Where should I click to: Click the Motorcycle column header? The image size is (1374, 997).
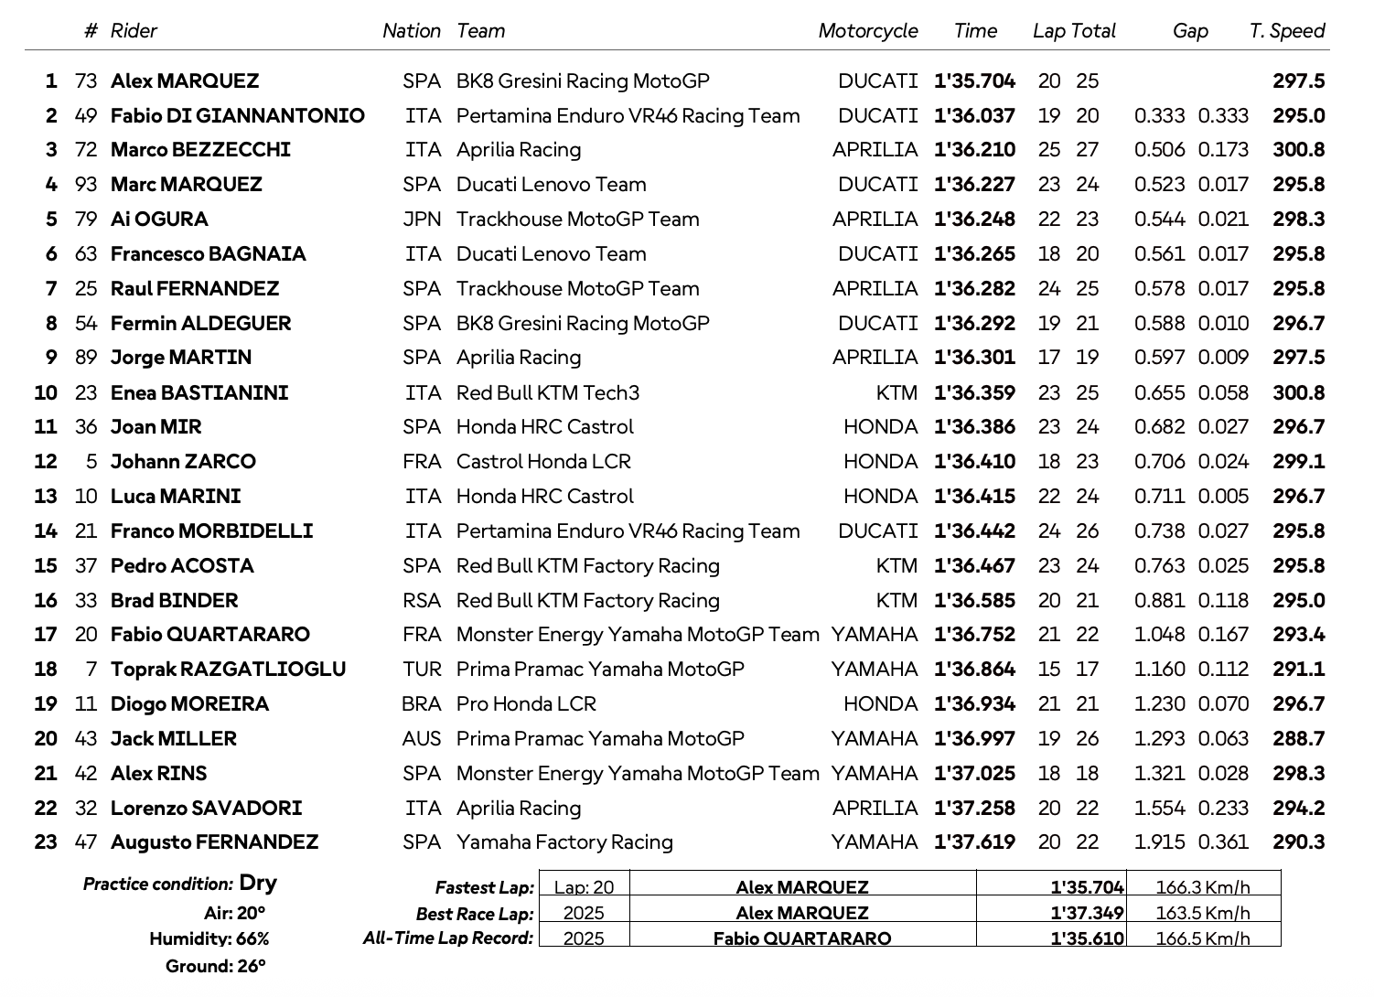point(867,31)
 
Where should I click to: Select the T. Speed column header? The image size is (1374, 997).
point(1286,31)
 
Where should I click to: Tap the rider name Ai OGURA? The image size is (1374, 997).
point(159,220)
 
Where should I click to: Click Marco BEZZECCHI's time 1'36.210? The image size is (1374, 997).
point(974,150)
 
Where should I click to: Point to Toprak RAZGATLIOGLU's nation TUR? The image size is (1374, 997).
point(422,670)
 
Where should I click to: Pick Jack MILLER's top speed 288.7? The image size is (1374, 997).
point(1298,739)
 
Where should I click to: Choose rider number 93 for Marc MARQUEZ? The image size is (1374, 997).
point(86,185)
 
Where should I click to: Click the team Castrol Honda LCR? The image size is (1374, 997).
point(543,462)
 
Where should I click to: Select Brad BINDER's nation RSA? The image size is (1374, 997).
point(422,601)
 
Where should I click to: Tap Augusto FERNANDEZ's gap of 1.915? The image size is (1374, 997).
point(1159,842)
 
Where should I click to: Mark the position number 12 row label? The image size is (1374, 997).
point(46,462)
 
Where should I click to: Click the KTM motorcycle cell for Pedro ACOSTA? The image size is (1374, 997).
point(896,566)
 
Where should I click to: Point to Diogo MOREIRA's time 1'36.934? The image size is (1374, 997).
point(974,704)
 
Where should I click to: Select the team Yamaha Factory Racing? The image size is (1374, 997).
point(564,842)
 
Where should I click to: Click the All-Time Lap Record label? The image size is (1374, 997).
point(447,938)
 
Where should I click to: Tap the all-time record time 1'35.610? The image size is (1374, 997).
point(1087,938)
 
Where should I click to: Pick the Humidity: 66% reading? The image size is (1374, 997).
point(209,939)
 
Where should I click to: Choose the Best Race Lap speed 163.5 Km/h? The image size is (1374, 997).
point(1202,913)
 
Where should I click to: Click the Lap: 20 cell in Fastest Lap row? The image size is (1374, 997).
point(584,887)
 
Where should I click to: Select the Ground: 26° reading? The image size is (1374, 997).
point(215,967)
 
